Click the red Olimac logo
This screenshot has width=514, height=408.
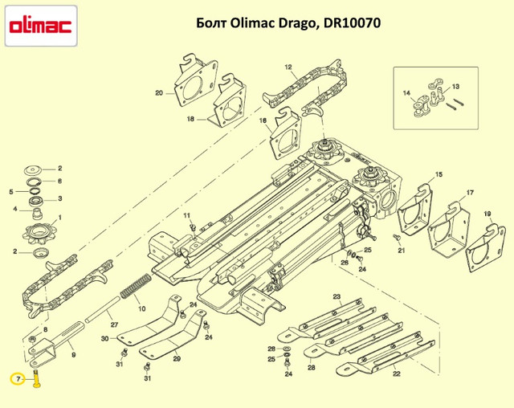[41, 27]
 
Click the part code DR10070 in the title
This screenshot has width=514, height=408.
[352, 23]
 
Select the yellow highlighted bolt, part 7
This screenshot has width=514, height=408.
[36, 378]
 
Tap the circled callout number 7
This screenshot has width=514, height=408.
[18, 380]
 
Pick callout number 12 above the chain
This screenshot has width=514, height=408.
[288, 67]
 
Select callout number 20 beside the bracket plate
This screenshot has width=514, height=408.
[159, 93]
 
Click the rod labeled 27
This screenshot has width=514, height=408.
[102, 308]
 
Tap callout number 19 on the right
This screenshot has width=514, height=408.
[487, 214]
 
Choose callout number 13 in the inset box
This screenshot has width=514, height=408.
[455, 87]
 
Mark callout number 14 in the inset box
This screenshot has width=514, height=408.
[406, 93]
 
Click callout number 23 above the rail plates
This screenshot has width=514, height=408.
[337, 296]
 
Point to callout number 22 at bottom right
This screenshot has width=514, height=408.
[397, 373]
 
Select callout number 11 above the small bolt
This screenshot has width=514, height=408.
[186, 215]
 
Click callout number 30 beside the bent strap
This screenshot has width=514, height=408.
[104, 338]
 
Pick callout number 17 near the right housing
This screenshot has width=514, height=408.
[470, 193]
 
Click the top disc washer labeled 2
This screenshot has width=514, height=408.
[33, 171]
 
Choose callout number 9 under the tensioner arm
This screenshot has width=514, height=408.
[73, 355]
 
